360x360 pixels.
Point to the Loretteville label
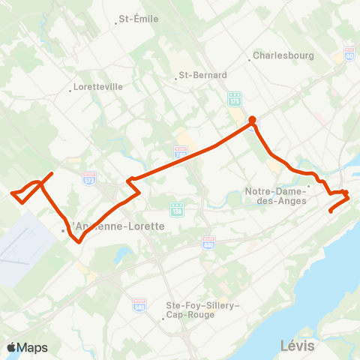point(98,87)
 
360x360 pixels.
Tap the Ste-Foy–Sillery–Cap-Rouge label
point(202,310)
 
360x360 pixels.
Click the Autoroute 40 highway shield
point(349,54)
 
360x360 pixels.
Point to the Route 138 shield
point(176,208)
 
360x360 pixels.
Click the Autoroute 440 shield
point(208,241)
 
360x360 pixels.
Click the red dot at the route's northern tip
point(252,119)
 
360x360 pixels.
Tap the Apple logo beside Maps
point(12,347)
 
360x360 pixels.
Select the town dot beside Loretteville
point(70,91)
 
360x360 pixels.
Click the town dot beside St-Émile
point(116,22)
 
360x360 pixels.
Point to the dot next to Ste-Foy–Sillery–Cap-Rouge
point(163,320)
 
